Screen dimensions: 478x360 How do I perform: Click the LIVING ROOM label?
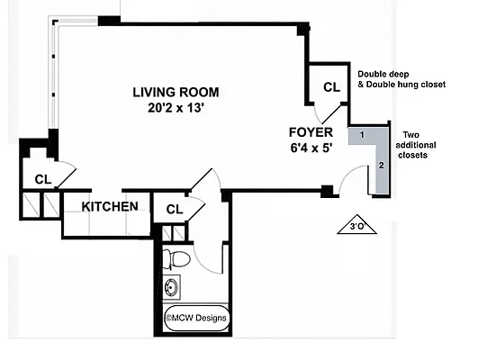176,93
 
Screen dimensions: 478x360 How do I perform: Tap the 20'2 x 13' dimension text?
176,108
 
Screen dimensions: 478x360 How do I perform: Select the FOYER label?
311,132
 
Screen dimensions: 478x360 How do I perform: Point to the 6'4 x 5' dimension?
311,148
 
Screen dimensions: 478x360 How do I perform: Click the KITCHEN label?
110,207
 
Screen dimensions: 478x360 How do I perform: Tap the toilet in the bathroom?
176,259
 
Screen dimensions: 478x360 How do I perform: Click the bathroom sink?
171,287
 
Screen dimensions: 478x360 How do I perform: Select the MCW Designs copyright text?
195,318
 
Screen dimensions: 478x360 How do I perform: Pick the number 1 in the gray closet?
362,134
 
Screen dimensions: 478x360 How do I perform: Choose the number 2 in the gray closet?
382,166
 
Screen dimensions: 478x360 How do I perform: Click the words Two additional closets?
416,145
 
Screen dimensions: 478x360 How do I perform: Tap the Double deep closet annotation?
401,79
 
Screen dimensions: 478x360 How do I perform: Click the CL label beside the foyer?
331,87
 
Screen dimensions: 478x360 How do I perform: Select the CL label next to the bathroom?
175,210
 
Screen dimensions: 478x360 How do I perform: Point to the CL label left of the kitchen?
43,179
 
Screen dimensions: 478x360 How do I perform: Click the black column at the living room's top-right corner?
303,30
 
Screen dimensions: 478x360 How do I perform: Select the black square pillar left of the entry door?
327,191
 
